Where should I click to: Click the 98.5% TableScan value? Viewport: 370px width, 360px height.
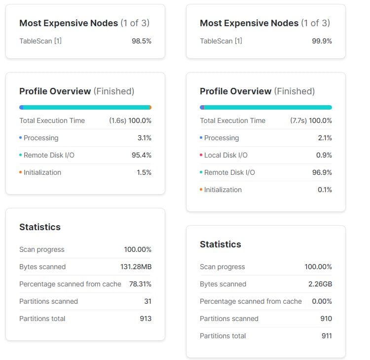click(x=141, y=41)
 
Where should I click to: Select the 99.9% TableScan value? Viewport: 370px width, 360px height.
click(x=322, y=41)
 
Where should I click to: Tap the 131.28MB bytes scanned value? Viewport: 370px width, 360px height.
click(x=136, y=267)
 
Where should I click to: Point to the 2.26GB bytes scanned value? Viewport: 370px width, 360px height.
click(x=320, y=284)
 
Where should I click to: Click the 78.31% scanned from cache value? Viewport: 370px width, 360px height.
click(x=140, y=284)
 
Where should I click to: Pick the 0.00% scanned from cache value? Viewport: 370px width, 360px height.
click(x=322, y=301)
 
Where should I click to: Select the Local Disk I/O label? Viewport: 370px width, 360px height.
click(x=225, y=155)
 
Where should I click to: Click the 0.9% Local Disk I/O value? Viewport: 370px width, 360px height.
click(x=325, y=155)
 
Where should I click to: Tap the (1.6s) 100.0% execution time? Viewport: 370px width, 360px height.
click(x=130, y=120)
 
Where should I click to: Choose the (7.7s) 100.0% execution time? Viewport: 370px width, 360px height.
click(x=311, y=120)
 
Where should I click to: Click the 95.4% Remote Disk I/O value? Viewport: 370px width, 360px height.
click(x=141, y=155)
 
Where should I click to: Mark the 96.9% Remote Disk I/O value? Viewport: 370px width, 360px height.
click(x=322, y=172)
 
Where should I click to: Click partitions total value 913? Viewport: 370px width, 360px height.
click(x=146, y=319)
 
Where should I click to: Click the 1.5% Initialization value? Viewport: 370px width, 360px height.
click(x=144, y=172)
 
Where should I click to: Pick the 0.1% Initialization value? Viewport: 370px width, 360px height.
click(x=325, y=190)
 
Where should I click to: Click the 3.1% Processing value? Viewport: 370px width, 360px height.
click(x=144, y=138)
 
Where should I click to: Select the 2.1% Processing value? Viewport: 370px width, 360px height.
click(x=325, y=138)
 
